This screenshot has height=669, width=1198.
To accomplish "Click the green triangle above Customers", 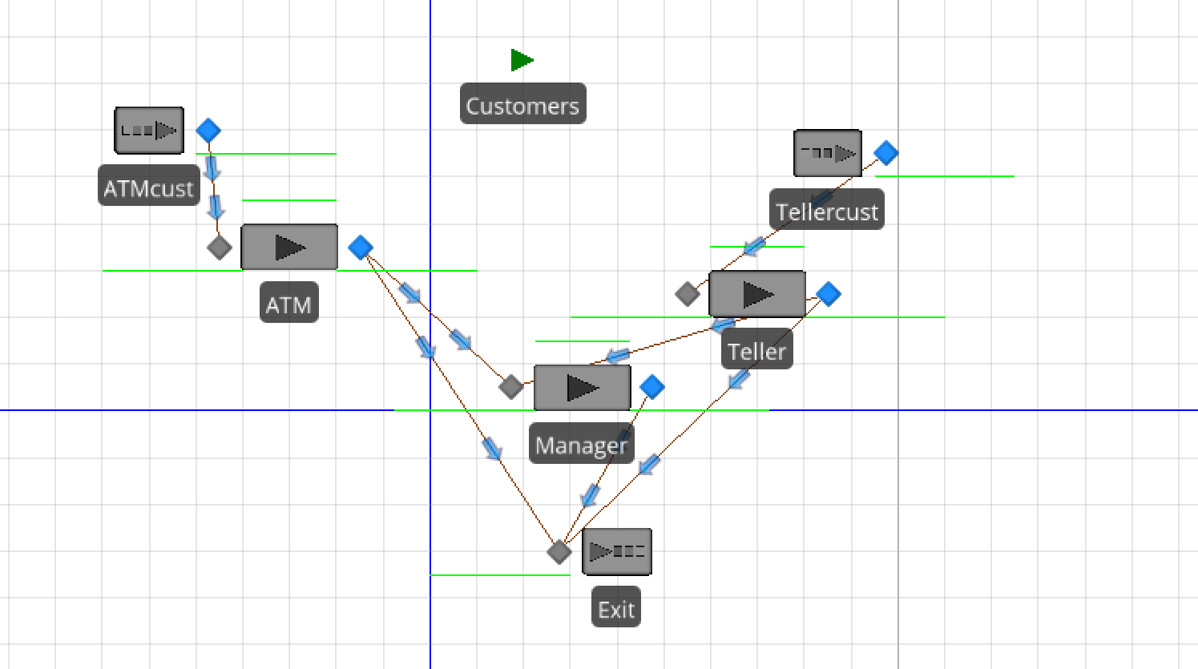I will [522, 60].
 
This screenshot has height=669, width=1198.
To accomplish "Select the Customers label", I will [522, 105].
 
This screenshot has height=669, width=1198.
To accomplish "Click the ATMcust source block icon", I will [149, 131].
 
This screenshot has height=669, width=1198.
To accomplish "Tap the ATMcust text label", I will [149, 187].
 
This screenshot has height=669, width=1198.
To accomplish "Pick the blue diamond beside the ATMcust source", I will [208, 131].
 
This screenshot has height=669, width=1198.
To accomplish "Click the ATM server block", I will [289, 248].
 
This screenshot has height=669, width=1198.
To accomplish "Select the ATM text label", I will [288, 304].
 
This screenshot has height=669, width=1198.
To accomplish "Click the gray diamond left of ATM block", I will [219, 248].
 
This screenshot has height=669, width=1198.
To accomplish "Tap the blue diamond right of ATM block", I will [361, 248].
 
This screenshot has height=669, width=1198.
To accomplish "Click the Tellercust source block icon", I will [828, 153].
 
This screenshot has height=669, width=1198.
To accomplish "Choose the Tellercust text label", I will [827, 212].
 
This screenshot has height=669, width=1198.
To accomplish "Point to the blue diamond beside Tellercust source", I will [885, 152].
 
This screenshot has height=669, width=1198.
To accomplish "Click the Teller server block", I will [757, 294].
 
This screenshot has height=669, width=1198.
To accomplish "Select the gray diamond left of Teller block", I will [688, 294].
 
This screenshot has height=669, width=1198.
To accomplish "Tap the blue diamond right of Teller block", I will [829, 294].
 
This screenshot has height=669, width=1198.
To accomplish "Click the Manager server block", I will [583, 388].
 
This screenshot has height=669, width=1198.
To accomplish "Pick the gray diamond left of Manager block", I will [511, 387].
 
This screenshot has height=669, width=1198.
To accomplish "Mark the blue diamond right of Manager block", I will [652, 387].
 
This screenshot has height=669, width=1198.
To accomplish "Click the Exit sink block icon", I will [617, 551].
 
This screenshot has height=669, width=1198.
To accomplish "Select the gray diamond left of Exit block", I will [559, 551].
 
